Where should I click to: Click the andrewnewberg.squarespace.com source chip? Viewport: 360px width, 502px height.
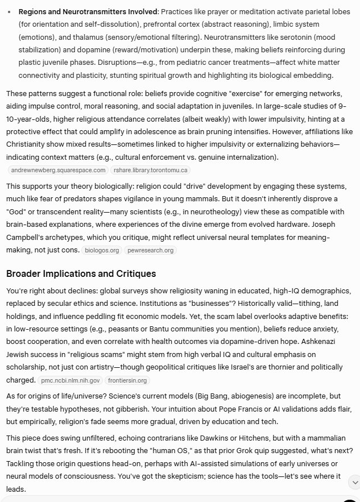(x=58, y=170)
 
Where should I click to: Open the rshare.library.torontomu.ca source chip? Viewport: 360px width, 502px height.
(x=151, y=170)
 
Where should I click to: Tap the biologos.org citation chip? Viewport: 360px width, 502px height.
(x=101, y=250)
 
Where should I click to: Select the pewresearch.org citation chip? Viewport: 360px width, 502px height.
(x=151, y=250)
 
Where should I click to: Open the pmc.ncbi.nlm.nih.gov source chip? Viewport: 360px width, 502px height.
(x=71, y=380)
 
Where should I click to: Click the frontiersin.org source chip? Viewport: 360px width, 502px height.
(x=127, y=380)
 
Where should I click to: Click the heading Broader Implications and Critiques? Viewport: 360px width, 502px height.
(x=81, y=274)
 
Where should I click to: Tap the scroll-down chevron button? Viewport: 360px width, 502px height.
(x=353, y=482)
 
